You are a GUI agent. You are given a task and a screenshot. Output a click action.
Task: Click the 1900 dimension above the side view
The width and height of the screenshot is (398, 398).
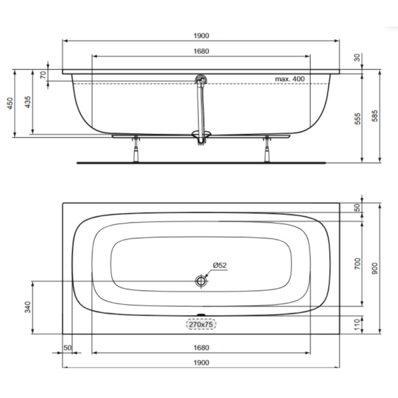click(x=201, y=36)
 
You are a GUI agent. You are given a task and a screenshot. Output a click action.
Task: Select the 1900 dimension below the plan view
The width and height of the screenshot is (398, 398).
click(x=201, y=363)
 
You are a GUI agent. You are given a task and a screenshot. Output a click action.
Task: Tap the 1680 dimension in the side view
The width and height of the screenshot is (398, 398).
click(x=201, y=51)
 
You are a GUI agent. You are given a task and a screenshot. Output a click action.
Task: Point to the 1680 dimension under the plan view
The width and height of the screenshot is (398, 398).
click(x=201, y=348)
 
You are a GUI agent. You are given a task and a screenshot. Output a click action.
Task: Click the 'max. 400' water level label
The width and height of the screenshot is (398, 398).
click(x=290, y=79)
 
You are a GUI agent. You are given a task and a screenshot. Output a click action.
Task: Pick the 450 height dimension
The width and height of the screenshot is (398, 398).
click(x=10, y=103)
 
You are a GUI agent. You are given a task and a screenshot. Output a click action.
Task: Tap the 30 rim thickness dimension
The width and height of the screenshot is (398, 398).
click(x=357, y=58)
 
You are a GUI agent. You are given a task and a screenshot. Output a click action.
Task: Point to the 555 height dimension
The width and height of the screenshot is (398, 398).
click(x=357, y=119)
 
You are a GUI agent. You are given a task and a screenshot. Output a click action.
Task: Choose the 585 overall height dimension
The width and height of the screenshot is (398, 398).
click(x=375, y=115)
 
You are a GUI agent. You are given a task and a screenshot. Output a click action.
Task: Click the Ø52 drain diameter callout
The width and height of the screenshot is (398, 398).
click(x=220, y=265)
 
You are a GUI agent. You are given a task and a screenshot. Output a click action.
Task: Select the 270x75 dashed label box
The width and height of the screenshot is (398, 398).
click(x=201, y=324)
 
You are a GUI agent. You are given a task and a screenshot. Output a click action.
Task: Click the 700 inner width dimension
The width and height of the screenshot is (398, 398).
click(x=357, y=263)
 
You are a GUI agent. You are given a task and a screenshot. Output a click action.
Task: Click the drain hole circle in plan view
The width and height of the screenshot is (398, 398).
click(x=201, y=281)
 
